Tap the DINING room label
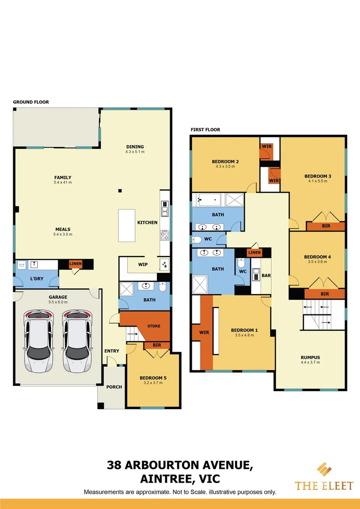135,147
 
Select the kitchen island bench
126,225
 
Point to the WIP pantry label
142,264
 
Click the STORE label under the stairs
153,326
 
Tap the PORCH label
114,387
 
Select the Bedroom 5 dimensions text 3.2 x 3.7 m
153,383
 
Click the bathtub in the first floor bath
208,200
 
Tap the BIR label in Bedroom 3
326,226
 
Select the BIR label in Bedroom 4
324,294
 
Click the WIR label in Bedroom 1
205,332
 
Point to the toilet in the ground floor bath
162,287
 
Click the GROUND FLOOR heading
31,102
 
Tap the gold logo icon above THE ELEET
324,470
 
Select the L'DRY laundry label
37,279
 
